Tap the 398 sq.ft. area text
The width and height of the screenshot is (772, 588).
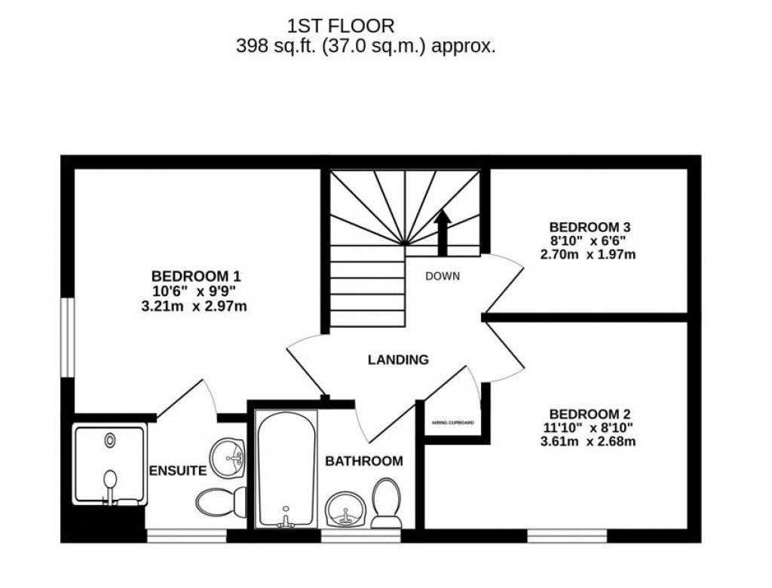coord(366,47)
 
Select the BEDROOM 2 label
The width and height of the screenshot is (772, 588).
coord(590,414)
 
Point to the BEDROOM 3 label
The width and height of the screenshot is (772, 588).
coord(590,227)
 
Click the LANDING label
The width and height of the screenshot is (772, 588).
coord(398,360)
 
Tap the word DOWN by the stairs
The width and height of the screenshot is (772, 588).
coord(443,276)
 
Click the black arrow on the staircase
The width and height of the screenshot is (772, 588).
coord(442,232)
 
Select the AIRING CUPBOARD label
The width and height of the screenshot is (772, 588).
coord(452,423)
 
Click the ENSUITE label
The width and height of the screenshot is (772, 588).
coord(178,471)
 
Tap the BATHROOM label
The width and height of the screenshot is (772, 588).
coord(363,461)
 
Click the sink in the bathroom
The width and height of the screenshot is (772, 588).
coord(345,512)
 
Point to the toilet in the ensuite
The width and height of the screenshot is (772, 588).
coord(221,500)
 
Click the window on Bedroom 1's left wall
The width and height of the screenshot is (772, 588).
coord(68,335)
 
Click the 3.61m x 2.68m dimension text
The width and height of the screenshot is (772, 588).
coord(590,441)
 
